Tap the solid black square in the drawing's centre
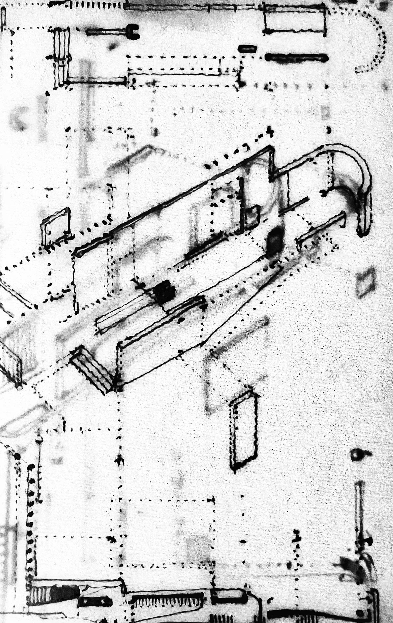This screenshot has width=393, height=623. point(164,292)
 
